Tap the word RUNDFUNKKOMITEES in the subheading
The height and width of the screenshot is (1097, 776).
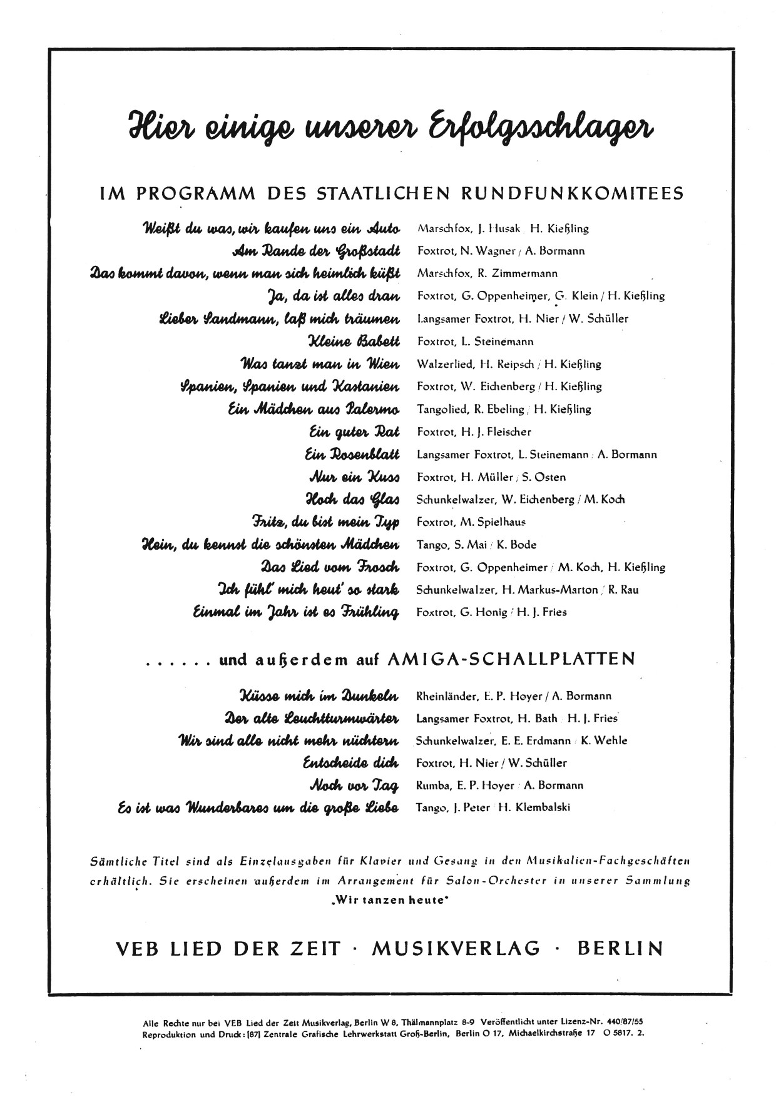(572, 193)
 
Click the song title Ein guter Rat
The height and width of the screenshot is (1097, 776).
(354, 432)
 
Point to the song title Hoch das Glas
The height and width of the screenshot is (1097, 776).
(352, 499)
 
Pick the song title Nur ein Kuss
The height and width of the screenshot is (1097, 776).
(354, 477)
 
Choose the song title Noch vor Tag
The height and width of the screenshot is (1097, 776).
(354, 785)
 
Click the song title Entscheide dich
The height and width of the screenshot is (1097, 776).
(350, 762)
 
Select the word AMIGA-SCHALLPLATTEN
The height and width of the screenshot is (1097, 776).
(511, 659)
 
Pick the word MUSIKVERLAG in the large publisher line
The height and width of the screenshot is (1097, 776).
(456, 949)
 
